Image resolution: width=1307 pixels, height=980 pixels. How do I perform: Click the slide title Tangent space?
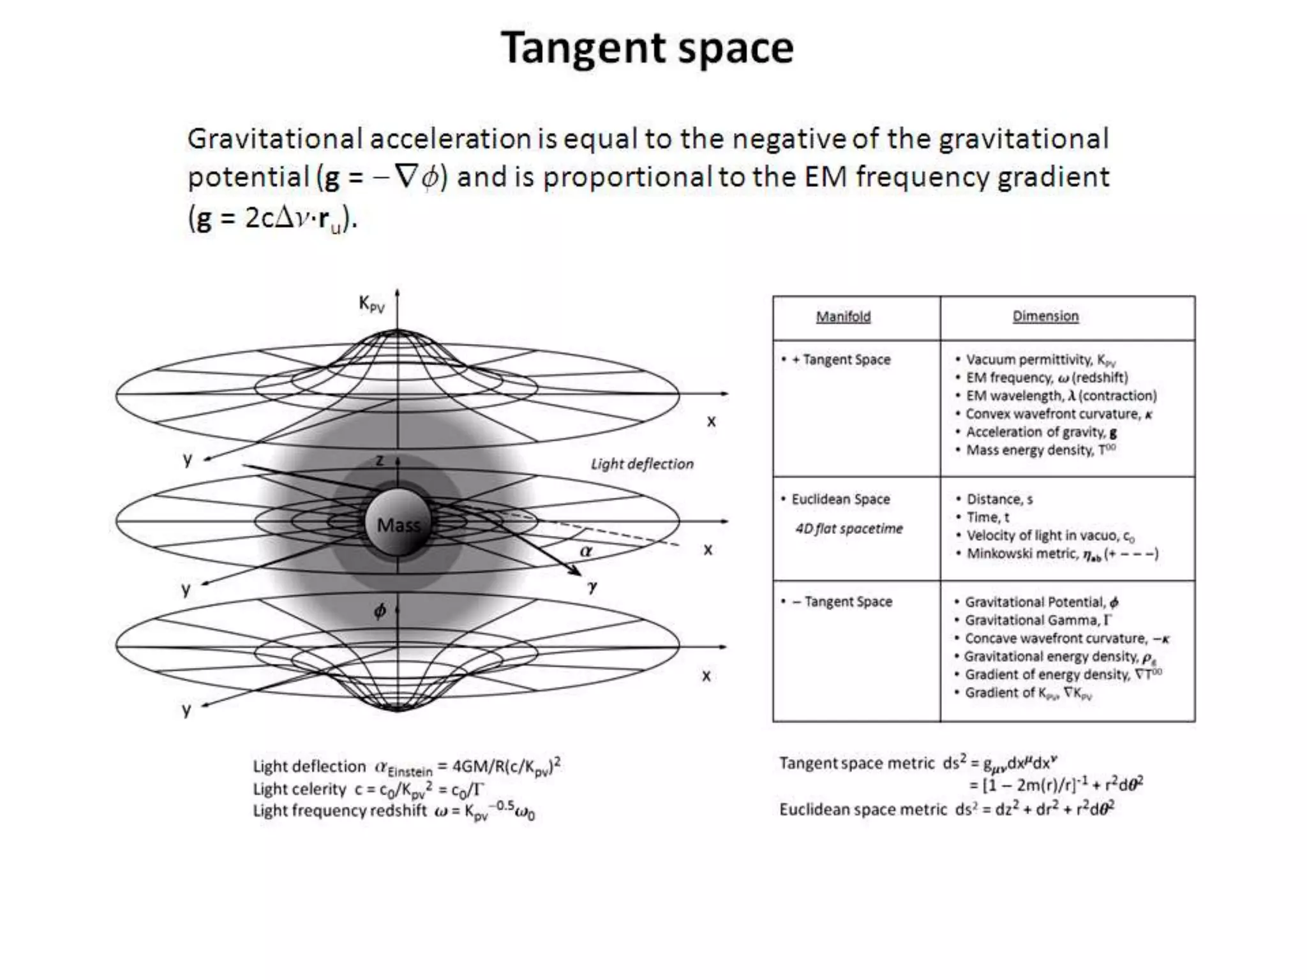point(646,48)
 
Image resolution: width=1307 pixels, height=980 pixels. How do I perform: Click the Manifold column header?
point(842,316)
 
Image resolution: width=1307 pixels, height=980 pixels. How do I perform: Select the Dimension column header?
point(1045,316)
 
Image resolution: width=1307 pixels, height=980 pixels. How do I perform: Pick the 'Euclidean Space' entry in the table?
point(840,499)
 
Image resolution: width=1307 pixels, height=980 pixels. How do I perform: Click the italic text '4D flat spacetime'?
point(849,528)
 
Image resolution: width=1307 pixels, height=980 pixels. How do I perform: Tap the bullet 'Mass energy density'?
point(1040,450)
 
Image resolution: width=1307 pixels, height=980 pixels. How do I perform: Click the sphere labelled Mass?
point(398,524)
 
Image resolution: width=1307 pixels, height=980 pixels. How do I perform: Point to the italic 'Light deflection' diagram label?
point(641,464)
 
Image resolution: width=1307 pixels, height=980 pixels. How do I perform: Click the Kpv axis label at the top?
point(371,304)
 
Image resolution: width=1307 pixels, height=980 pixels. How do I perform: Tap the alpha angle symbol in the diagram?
point(586,551)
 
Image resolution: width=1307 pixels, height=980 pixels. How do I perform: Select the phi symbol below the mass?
point(380,611)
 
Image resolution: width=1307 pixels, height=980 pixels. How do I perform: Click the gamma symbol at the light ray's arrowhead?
point(592,586)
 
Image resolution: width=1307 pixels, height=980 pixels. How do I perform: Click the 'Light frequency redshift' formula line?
point(393,812)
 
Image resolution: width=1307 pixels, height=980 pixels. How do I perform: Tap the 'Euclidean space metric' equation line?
point(946,809)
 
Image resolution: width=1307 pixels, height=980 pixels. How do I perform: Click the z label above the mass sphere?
point(380,460)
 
